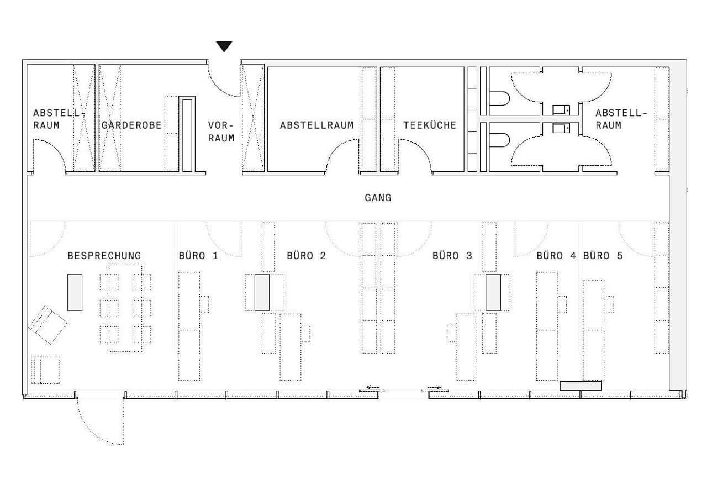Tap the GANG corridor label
coord(378,198)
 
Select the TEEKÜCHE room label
coord(430,125)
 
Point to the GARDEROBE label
coord(131,125)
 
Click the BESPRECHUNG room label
coord(104,256)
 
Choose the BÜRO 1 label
coord(198,256)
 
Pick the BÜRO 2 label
coord(306,256)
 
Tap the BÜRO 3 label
coord(452,256)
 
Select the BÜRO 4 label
coord(556,256)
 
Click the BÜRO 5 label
coord(603,256)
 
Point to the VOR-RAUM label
coord(221,131)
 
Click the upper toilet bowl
coord(499,99)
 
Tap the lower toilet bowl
coord(499,140)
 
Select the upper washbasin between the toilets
coord(561,110)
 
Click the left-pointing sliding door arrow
coord(372,387)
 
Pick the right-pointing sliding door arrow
coord(435,387)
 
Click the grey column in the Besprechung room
coord(75,292)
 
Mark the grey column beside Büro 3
coord(493,292)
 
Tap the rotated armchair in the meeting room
coord(48,324)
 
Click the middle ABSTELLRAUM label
coord(316,125)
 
